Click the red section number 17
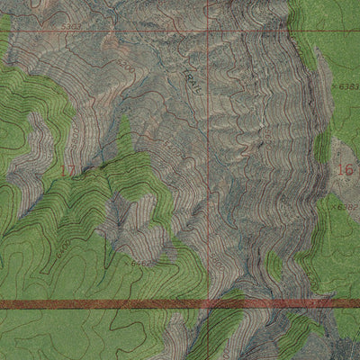66,169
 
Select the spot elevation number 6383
349,85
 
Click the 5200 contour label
126,68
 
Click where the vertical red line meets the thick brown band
211,305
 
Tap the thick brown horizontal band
108,305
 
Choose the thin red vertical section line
211,180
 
